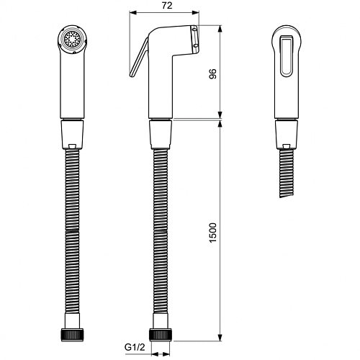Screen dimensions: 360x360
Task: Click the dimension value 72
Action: click(x=167, y=6)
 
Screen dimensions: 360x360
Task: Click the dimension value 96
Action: click(x=213, y=73)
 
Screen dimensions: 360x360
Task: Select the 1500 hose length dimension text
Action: click(x=213, y=233)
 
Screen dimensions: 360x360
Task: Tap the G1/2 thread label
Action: click(x=135, y=347)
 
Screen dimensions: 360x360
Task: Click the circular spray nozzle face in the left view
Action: click(x=72, y=39)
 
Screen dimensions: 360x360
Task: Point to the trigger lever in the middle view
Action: click(x=139, y=58)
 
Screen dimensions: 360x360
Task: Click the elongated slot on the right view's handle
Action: click(x=287, y=56)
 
